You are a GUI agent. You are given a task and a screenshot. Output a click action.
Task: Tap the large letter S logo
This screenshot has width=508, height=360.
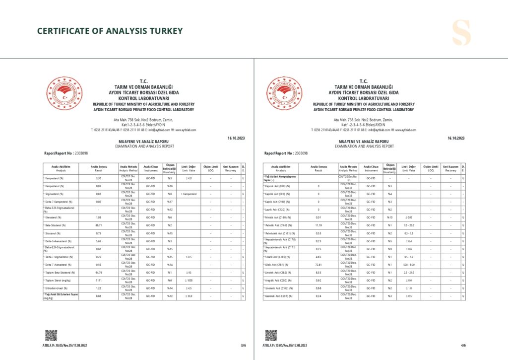click(x=461, y=33)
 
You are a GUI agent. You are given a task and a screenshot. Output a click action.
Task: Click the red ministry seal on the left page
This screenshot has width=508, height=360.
click(x=64, y=94)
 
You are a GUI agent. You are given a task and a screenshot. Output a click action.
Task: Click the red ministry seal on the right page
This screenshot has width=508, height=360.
click(x=284, y=94)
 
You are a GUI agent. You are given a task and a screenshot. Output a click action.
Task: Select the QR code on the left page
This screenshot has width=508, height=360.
click(x=51, y=335)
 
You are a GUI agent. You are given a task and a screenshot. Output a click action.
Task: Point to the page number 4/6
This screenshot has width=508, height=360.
click(x=463, y=345)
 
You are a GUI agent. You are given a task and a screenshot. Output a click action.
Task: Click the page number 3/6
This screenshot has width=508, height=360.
click(x=243, y=345)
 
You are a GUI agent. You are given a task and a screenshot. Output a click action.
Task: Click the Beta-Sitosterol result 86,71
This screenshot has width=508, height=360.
click(x=99, y=225)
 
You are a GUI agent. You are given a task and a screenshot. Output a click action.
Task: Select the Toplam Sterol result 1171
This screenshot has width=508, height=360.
click(x=99, y=281)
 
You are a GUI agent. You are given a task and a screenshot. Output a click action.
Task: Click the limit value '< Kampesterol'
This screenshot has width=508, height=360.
click(x=190, y=194)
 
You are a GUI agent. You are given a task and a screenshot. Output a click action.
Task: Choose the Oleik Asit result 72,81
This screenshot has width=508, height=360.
click(x=318, y=265)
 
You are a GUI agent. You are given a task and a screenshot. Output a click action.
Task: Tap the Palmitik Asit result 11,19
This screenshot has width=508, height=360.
click(x=318, y=225)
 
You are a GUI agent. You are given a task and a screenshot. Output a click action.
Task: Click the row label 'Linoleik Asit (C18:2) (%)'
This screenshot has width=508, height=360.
click(x=280, y=273)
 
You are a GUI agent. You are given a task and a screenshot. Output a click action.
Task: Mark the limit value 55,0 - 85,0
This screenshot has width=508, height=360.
click(x=409, y=265)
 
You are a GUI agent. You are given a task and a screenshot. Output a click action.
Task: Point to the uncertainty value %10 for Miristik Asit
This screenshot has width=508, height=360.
click(x=389, y=217)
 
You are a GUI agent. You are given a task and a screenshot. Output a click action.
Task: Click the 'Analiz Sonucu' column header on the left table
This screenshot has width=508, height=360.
click(x=99, y=168)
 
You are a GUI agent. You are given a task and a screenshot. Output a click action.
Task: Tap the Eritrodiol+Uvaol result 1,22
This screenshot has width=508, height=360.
click(x=99, y=288)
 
